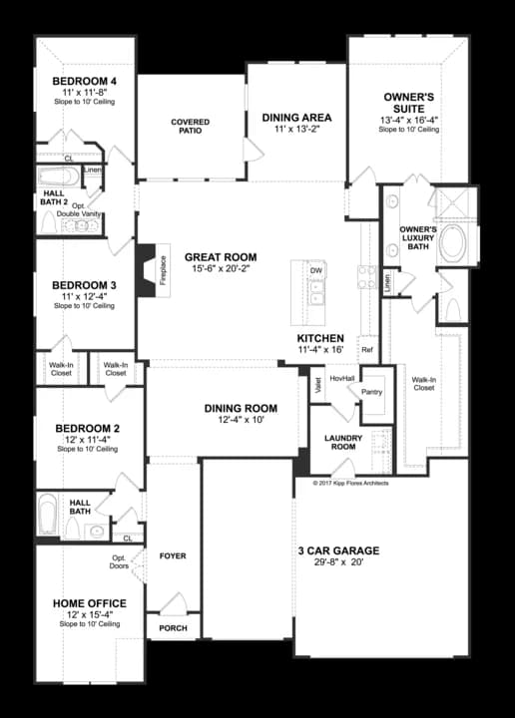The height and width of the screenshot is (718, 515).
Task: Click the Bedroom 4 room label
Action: click(84, 80)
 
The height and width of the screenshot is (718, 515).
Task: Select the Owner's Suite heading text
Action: click(409, 103)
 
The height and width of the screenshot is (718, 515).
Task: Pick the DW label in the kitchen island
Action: click(315, 270)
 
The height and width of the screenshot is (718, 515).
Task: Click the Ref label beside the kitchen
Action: click(367, 350)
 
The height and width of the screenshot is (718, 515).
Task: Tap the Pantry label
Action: click(372, 392)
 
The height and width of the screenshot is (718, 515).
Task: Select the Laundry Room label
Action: click(342, 442)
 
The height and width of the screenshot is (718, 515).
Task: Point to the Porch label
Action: click(174, 628)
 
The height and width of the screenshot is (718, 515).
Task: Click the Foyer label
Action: click(173, 555)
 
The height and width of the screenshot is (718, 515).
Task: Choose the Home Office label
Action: click(89, 603)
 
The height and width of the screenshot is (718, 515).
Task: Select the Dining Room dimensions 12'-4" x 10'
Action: click(241, 421)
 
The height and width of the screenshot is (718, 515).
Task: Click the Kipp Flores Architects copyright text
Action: click(350, 483)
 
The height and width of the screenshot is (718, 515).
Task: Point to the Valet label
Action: click(317, 385)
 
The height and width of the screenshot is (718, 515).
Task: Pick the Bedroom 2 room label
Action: click(87, 428)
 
